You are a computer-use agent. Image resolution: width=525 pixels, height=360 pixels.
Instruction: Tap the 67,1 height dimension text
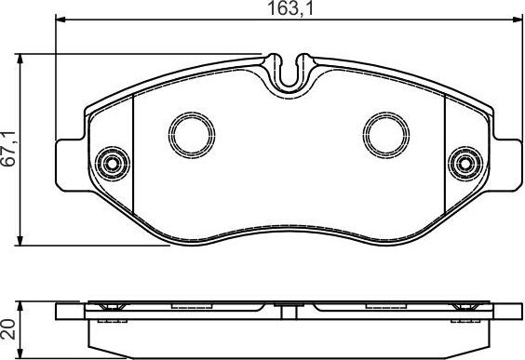(9, 149)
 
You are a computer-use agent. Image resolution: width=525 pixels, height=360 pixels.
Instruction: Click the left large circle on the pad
(195, 136)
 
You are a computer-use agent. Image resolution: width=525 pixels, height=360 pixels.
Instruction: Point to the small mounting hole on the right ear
(463, 164)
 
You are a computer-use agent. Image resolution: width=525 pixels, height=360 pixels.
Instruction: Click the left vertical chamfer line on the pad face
(135, 158)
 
